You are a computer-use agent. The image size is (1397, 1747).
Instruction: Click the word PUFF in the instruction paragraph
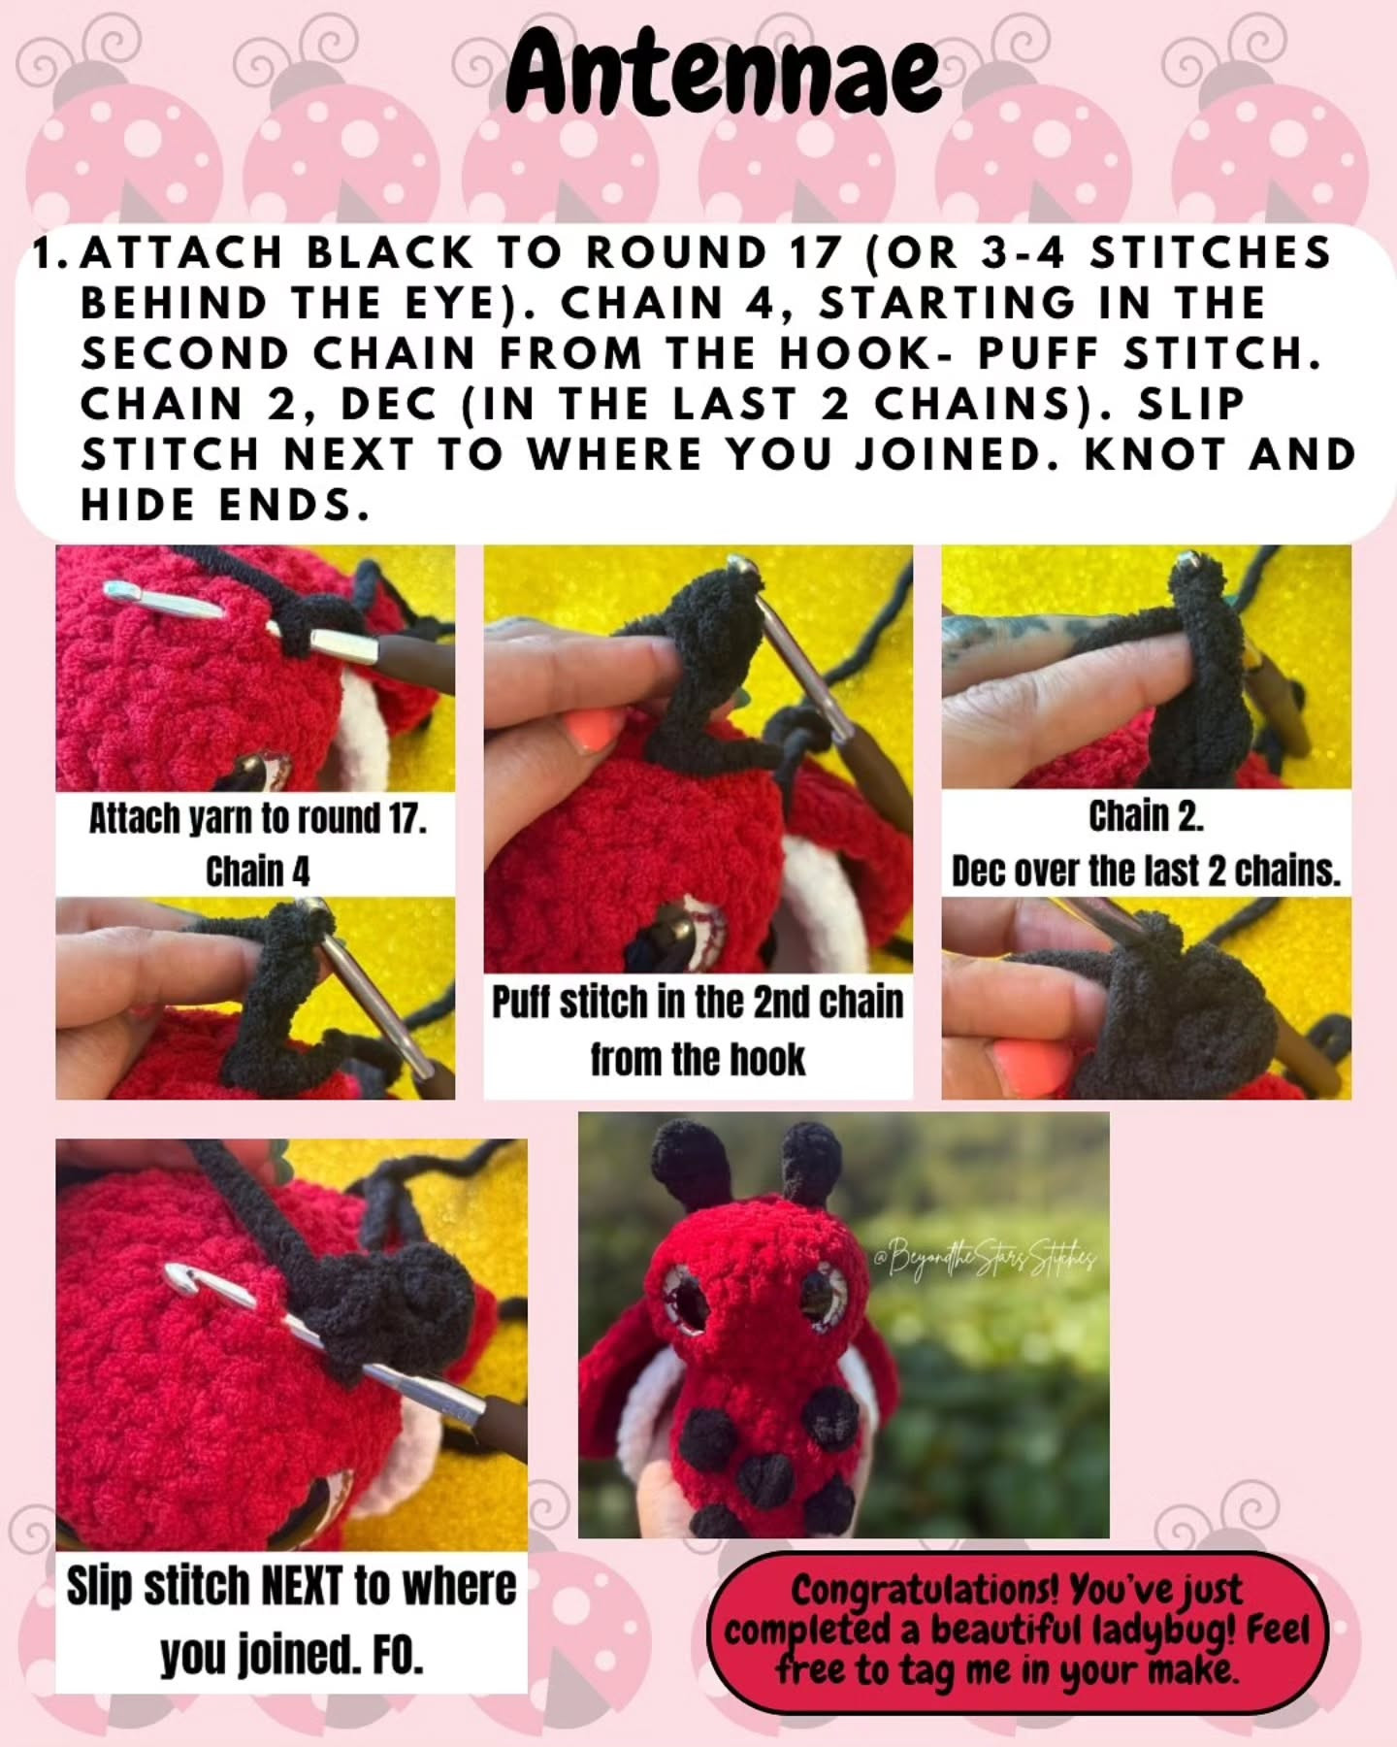(x=1037, y=354)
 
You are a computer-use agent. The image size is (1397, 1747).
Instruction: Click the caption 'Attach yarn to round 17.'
(x=258, y=820)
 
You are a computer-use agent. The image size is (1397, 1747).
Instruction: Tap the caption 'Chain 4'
(x=258, y=872)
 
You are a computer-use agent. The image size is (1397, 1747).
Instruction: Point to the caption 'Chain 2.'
(x=1146, y=817)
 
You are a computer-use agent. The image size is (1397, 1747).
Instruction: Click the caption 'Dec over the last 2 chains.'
(x=1146, y=872)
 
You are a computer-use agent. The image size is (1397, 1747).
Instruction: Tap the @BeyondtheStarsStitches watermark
(x=985, y=1259)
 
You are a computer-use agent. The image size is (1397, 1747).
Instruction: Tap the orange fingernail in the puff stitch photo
(x=594, y=730)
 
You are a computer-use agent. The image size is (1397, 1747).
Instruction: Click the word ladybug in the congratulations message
(x=1165, y=1632)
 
